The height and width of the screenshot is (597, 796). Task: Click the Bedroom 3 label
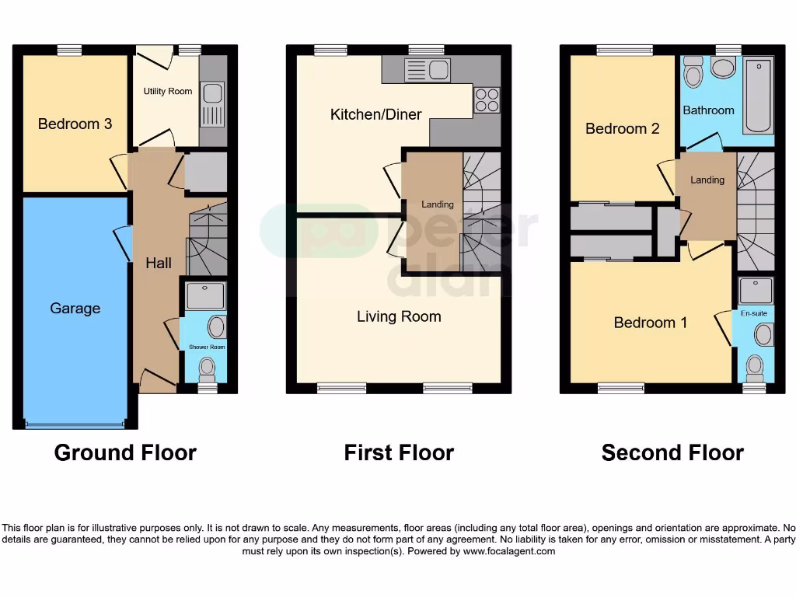point(75,124)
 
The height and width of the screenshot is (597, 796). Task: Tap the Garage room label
point(75,309)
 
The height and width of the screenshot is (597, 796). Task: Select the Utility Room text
point(167,92)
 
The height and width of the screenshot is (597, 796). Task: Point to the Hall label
point(159,264)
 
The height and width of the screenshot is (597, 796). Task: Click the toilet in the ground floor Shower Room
point(207,365)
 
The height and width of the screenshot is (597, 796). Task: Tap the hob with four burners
point(487,100)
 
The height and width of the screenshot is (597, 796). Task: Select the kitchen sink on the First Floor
point(428,71)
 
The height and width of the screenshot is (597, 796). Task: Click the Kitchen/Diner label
point(375,114)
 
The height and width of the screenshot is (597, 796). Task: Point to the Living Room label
point(399,316)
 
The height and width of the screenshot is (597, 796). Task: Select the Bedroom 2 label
point(622,128)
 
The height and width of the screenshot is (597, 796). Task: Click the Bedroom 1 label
point(650,322)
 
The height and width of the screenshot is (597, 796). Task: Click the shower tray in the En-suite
point(755,291)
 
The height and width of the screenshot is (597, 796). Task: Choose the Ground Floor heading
point(125,452)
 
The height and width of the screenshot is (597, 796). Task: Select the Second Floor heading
point(672,452)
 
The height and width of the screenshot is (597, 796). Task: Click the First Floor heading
point(399,452)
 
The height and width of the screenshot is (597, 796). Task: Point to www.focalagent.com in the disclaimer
point(509,551)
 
